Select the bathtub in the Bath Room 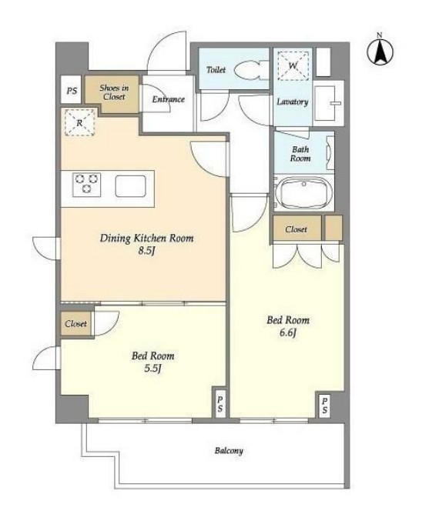(x=303, y=192)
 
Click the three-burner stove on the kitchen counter (x=87, y=185)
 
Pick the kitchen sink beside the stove (x=130, y=186)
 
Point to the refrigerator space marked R (x=80, y=122)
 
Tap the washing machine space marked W (x=293, y=65)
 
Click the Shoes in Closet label (x=114, y=92)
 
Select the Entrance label (x=169, y=99)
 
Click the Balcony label (x=229, y=450)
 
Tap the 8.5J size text (x=146, y=251)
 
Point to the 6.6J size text (x=288, y=332)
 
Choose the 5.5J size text (x=153, y=369)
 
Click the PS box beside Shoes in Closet (x=71, y=90)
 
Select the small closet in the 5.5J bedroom (x=76, y=323)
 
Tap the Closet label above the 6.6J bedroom (x=296, y=229)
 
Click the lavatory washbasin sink (x=328, y=103)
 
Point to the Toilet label (x=216, y=69)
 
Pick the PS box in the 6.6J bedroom (x=324, y=406)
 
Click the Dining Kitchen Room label (x=146, y=238)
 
